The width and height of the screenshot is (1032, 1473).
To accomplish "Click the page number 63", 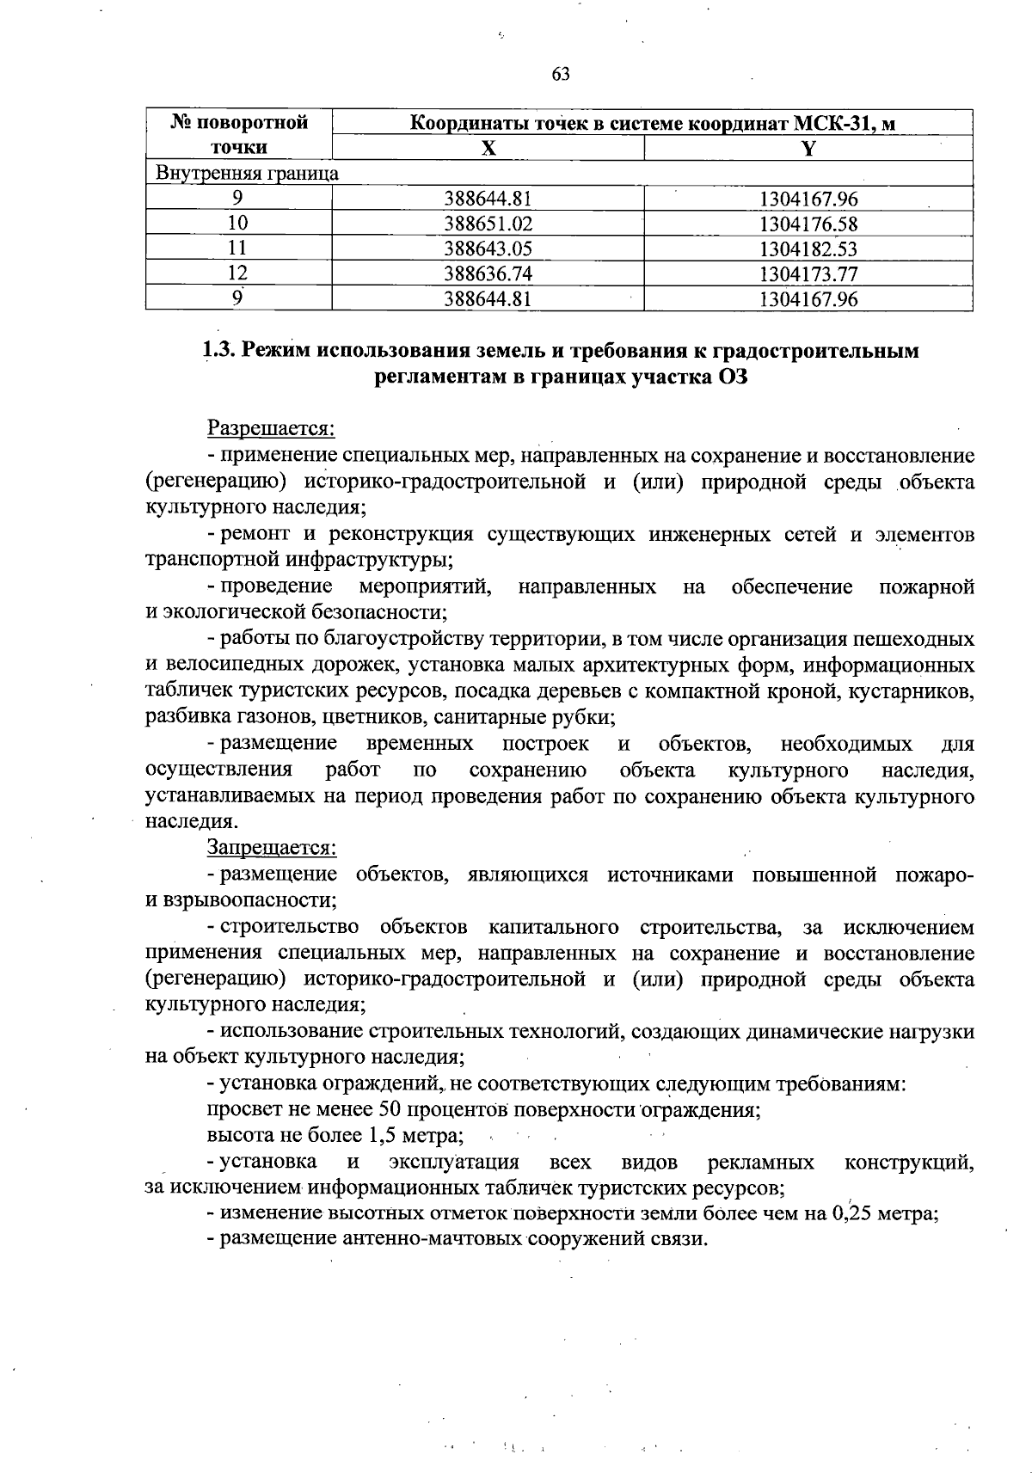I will (x=561, y=75).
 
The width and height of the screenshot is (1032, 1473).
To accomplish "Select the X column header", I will (x=488, y=148).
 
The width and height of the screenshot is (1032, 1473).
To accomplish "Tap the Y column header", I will (x=808, y=148).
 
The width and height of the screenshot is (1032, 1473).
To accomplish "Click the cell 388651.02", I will (x=488, y=224).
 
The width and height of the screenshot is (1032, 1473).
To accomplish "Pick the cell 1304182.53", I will (x=808, y=249).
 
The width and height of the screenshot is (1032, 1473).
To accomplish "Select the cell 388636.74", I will (x=488, y=274).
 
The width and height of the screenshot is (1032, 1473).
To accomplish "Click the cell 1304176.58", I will (x=808, y=224).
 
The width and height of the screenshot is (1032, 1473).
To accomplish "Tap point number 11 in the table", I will (x=238, y=249).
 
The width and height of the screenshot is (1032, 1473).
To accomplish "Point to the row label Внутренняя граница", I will (x=247, y=174).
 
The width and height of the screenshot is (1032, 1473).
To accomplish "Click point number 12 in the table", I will (x=238, y=274).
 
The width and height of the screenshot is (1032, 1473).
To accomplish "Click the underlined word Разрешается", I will (x=270, y=428).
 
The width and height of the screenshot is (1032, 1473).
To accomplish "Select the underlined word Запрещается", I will (x=271, y=848).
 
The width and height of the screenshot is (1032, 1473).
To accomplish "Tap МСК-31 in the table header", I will (x=840, y=123).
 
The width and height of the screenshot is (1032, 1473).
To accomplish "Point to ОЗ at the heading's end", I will (x=730, y=377).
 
